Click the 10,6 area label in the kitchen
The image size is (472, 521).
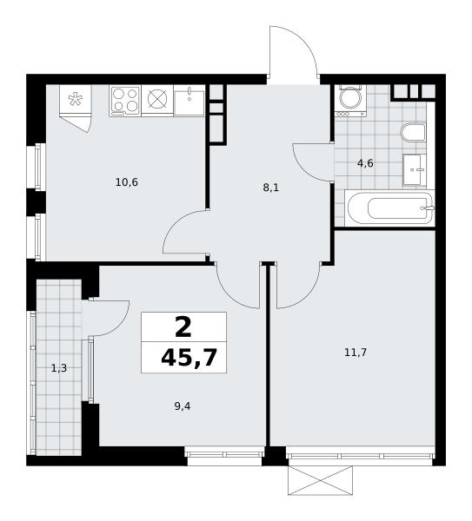click(x=126, y=182)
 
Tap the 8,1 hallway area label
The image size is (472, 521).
click(x=270, y=188)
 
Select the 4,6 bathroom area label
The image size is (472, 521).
click(x=366, y=163)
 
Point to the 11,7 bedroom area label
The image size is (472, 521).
click(x=356, y=353)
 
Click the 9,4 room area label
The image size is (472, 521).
click(x=183, y=406)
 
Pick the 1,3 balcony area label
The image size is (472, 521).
click(x=59, y=368)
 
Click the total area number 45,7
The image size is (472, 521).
click(x=189, y=358)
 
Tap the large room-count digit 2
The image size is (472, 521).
click(x=183, y=326)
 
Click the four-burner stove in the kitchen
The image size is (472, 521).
click(x=125, y=101)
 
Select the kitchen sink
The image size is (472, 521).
click(x=189, y=100)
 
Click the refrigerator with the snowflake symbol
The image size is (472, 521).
click(x=75, y=101)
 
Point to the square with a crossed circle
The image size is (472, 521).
click(x=157, y=101)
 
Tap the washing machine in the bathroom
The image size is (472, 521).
click(x=350, y=101)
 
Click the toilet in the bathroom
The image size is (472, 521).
click(x=414, y=132)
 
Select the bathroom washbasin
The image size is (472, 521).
click(x=415, y=169)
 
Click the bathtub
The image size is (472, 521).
click(x=389, y=208)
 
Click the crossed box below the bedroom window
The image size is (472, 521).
click(x=321, y=480)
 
